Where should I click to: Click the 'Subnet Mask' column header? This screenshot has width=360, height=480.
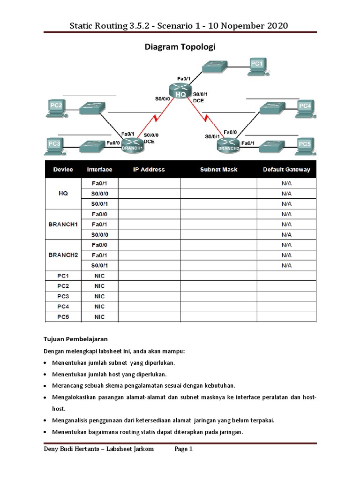tap(218, 170)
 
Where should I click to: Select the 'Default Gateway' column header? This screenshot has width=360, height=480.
tap(286, 170)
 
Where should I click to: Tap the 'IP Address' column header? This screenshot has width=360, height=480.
tap(149, 170)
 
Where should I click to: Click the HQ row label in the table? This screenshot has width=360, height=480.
tap(63, 194)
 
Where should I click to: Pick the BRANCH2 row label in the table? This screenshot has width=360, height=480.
tap(63, 255)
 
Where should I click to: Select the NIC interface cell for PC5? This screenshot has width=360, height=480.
tap(99, 317)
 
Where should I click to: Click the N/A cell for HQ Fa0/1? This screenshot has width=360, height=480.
tap(286, 183)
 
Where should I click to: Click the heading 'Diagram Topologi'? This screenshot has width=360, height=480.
tap(180, 47)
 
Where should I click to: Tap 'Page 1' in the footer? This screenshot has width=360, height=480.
tap(184, 449)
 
